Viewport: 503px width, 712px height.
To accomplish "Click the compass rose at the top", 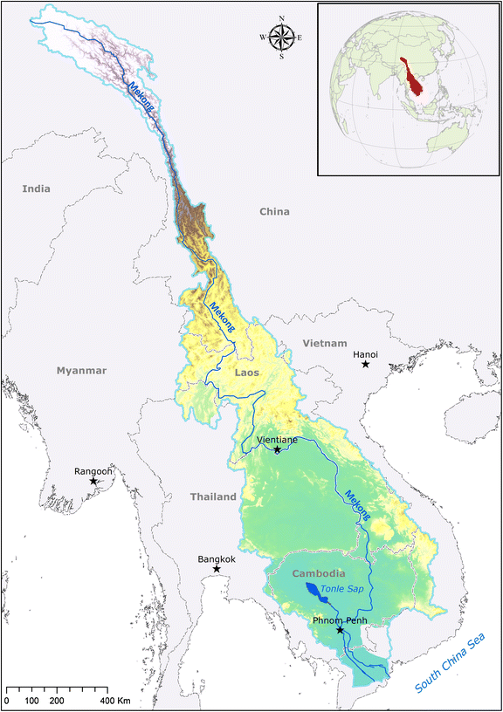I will tap(281, 38).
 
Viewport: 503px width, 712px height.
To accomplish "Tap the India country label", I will tap(37, 188).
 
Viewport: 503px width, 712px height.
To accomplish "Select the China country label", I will tap(273, 211).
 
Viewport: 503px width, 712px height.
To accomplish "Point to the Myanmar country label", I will tap(81, 371).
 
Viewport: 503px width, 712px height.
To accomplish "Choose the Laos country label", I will tap(248, 373).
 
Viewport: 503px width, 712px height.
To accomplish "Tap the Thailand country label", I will tap(213, 496).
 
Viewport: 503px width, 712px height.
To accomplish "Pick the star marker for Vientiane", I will tap(277, 450).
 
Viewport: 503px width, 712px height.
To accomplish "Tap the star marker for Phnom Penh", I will tap(340, 630).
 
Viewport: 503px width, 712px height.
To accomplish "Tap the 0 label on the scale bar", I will tap(7, 701).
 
